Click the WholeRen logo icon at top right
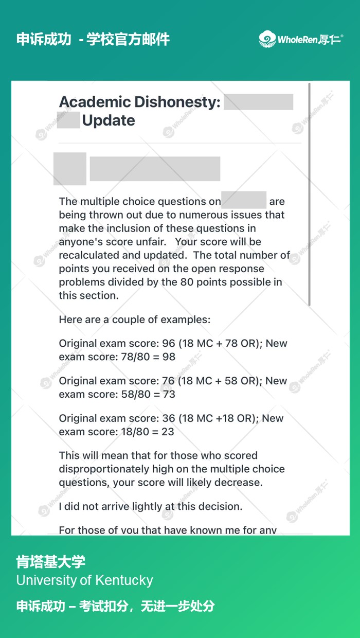(267, 39)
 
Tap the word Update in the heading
(109, 120)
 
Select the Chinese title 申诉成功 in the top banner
(44, 39)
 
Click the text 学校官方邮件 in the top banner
(128, 39)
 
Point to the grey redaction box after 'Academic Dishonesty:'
(258, 102)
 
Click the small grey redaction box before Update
(68, 120)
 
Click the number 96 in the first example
(169, 343)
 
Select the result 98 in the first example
(168, 357)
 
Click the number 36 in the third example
(169, 418)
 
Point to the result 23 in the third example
(168, 432)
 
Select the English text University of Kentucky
(84, 580)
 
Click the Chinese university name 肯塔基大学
(51, 562)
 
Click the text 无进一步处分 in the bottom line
(177, 606)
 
